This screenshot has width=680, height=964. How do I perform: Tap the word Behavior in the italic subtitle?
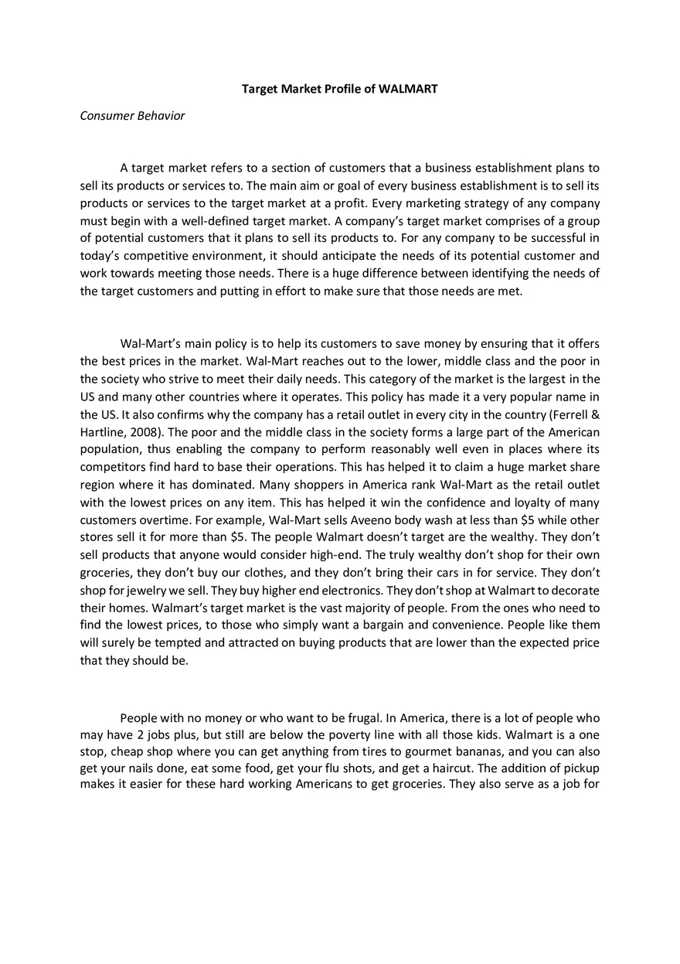(x=161, y=116)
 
